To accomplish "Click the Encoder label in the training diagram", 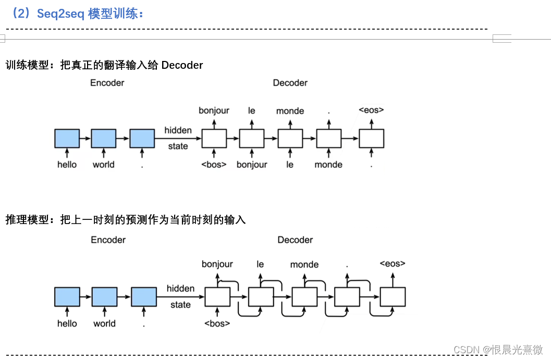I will pos(107,82).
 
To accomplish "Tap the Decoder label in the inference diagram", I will pos(295,240).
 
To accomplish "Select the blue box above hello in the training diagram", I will pos(67,139).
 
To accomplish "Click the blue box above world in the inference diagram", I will pos(104,296).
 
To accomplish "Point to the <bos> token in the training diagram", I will pos(214,165).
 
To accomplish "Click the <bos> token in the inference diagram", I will pos(217,324).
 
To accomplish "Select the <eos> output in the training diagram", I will pos(371,110).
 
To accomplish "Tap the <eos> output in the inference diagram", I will pos(392,264).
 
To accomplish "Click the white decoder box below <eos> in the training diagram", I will pos(371,139).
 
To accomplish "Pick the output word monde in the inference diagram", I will pos(304,265).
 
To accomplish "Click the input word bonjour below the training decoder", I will pos(252,165).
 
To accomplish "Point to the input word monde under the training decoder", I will pos(328,165).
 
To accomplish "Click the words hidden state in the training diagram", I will pos(178,138).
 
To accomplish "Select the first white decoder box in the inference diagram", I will pos(217,296).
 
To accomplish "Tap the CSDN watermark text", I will pos(498,350).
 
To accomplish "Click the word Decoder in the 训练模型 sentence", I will pos(182,65).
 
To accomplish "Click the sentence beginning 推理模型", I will pos(125,220).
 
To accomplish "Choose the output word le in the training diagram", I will pos(252,110).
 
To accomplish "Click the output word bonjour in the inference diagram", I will pos(217,264).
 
